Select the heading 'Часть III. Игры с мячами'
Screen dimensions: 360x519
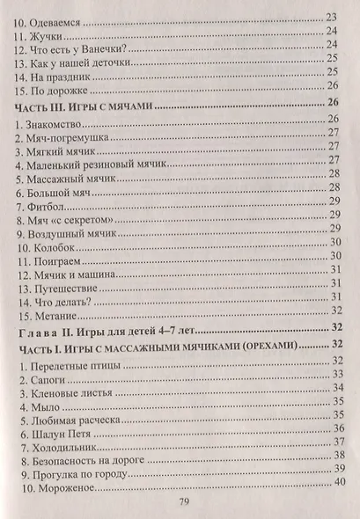(84, 105)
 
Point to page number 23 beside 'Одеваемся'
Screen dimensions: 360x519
(333, 17)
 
